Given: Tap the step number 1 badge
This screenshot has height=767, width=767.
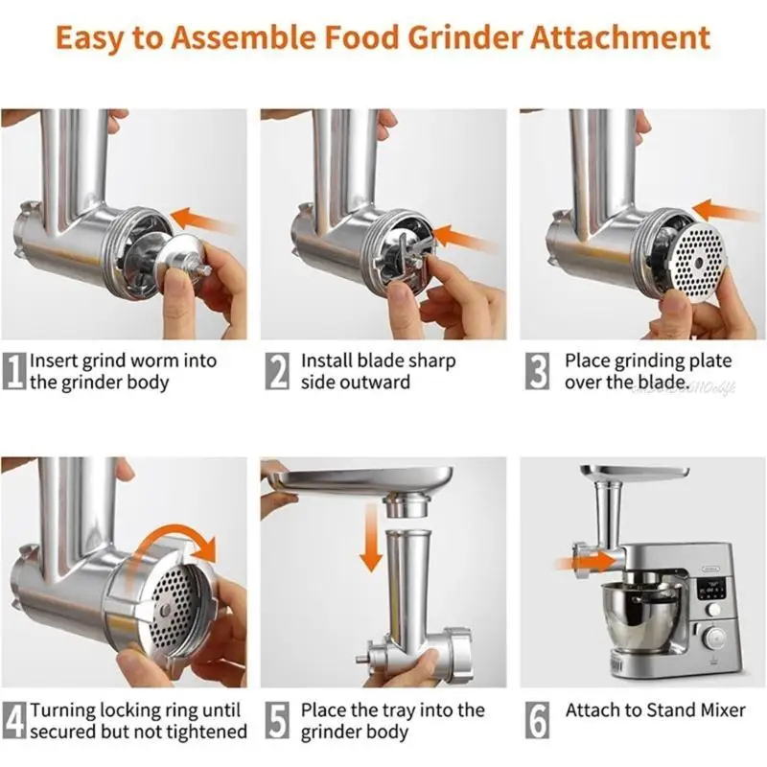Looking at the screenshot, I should (x=14, y=372).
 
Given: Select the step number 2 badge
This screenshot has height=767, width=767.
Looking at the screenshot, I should (x=278, y=372).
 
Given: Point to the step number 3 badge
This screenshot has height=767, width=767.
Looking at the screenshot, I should (x=540, y=372).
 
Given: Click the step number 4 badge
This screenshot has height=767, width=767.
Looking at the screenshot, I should (x=14, y=721).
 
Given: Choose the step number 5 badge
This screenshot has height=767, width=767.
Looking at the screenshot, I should (x=278, y=721).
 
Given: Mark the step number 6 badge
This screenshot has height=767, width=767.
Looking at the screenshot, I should (x=540, y=721).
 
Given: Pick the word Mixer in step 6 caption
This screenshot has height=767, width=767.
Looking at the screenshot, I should (x=719, y=710).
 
